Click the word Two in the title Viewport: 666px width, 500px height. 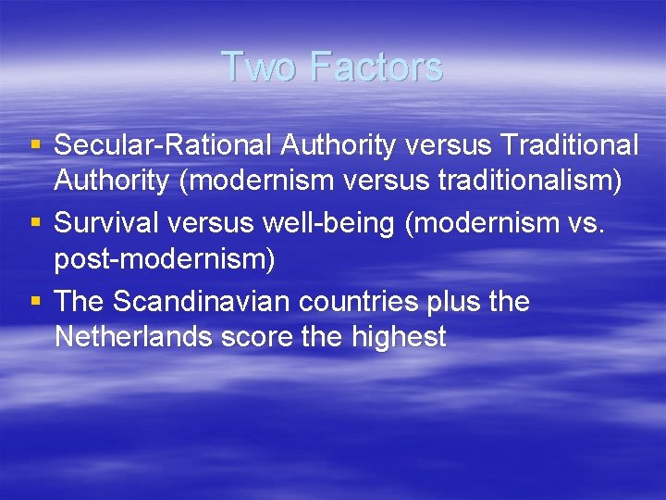[259, 67]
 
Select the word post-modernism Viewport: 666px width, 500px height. [165, 259]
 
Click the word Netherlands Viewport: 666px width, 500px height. [134, 337]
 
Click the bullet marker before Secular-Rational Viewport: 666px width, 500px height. [35, 146]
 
